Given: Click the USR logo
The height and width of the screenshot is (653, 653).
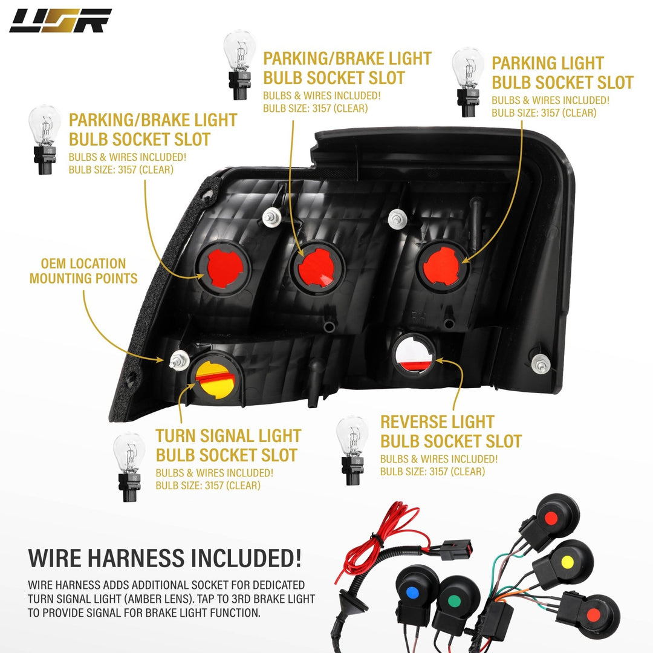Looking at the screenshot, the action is [60, 21].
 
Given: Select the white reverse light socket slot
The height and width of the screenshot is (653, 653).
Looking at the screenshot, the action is [414, 354].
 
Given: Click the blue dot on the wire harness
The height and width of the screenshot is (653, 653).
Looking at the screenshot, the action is [412, 592].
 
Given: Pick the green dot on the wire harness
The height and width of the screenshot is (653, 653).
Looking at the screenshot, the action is [453, 602].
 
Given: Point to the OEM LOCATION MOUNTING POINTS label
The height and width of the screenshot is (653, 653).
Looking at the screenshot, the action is [83, 271].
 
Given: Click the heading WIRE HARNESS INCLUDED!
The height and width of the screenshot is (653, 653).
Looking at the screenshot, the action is [164, 558].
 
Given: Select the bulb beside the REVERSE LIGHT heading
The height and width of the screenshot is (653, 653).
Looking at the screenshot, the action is [352, 450].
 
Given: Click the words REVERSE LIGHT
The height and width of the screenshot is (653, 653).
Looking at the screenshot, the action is [437, 422].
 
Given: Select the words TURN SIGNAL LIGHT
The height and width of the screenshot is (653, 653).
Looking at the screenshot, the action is [228, 436].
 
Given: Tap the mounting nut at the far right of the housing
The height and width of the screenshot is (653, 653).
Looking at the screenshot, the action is [541, 364].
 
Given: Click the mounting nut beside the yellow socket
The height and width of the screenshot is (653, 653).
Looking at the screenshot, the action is [180, 360].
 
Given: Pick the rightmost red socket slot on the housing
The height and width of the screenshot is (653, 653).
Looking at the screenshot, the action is [441, 265].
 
